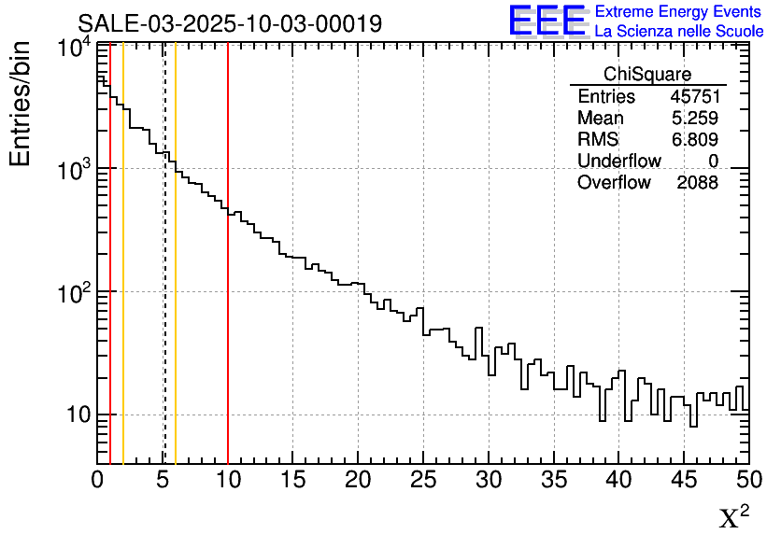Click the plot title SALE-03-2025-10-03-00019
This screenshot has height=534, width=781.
click(230, 23)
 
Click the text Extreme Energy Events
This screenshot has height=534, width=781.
click(678, 12)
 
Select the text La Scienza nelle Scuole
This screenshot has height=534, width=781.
click(679, 32)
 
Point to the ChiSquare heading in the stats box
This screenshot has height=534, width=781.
click(647, 75)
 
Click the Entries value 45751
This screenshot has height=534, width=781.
click(694, 97)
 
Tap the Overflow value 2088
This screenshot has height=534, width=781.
click(698, 183)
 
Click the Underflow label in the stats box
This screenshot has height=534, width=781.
click(619, 162)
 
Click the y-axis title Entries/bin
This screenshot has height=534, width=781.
click(21, 104)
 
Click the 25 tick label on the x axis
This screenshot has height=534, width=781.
click(423, 480)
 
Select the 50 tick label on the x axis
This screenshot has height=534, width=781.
click(747, 480)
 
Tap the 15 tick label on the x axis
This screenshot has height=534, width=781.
click(293, 480)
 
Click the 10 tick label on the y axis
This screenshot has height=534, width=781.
click(77, 415)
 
